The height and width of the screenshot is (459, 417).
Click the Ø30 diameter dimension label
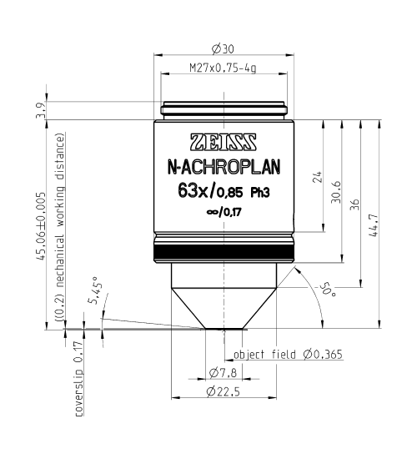[223, 49]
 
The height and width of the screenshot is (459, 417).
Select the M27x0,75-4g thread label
[223, 68]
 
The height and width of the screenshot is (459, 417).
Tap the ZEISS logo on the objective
[224, 142]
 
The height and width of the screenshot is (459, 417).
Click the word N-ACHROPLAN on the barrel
[224, 167]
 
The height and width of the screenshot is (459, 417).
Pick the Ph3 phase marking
[260, 193]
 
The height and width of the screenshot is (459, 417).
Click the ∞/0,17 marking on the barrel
[224, 212]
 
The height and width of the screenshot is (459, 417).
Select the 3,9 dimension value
[40, 110]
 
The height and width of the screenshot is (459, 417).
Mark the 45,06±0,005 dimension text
[41, 226]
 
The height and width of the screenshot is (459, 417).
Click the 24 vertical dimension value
[318, 177]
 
